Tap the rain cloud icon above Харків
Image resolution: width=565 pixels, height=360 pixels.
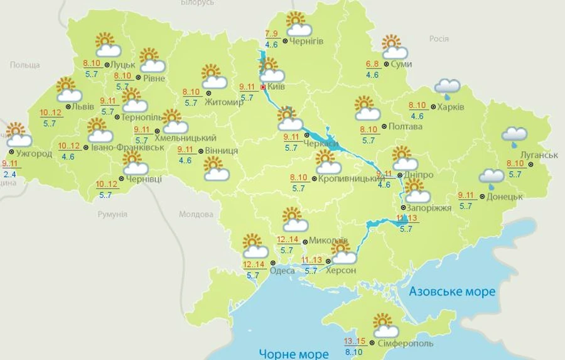pyautogui.click(x=447, y=89)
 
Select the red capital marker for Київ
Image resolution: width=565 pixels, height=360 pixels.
pyautogui.click(x=262, y=86)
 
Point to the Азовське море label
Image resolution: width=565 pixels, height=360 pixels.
pyautogui.click(x=451, y=292)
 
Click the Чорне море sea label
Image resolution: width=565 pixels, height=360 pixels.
pyautogui.click(x=294, y=352)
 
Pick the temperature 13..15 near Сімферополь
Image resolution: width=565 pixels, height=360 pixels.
pyautogui.click(x=355, y=342)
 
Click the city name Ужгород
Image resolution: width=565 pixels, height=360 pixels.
pyautogui.click(x=35, y=153)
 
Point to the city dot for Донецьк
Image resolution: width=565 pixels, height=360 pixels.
pyautogui.click(x=482, y=197)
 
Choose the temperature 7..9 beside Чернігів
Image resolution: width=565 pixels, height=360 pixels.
pyautogui.click(x=272, y=34)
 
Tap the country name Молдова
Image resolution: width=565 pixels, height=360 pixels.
pyautogui.click(x=196, y=214)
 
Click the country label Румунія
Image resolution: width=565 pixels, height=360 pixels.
pyautogui.click(x=112, y=214)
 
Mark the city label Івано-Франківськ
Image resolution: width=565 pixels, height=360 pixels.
pyautogui.click(x=127, y=147)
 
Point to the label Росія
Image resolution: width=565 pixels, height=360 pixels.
pyautogui.click(x=439, y=39)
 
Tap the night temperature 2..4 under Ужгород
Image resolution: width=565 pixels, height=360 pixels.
pyautogui.click(x=9, y=174)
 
